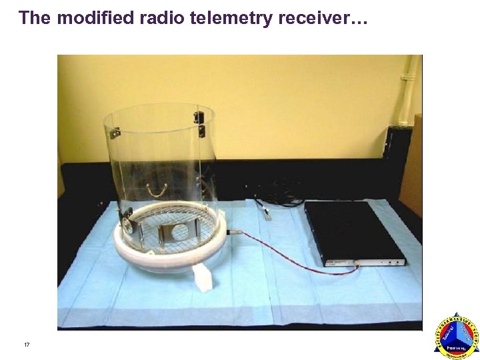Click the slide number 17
tap(27, 345)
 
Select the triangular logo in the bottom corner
tap(457, 337)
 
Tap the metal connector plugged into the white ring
tap(234, 232)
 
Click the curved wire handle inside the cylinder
tap(157, 191)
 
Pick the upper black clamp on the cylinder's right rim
tap(199, 117)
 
